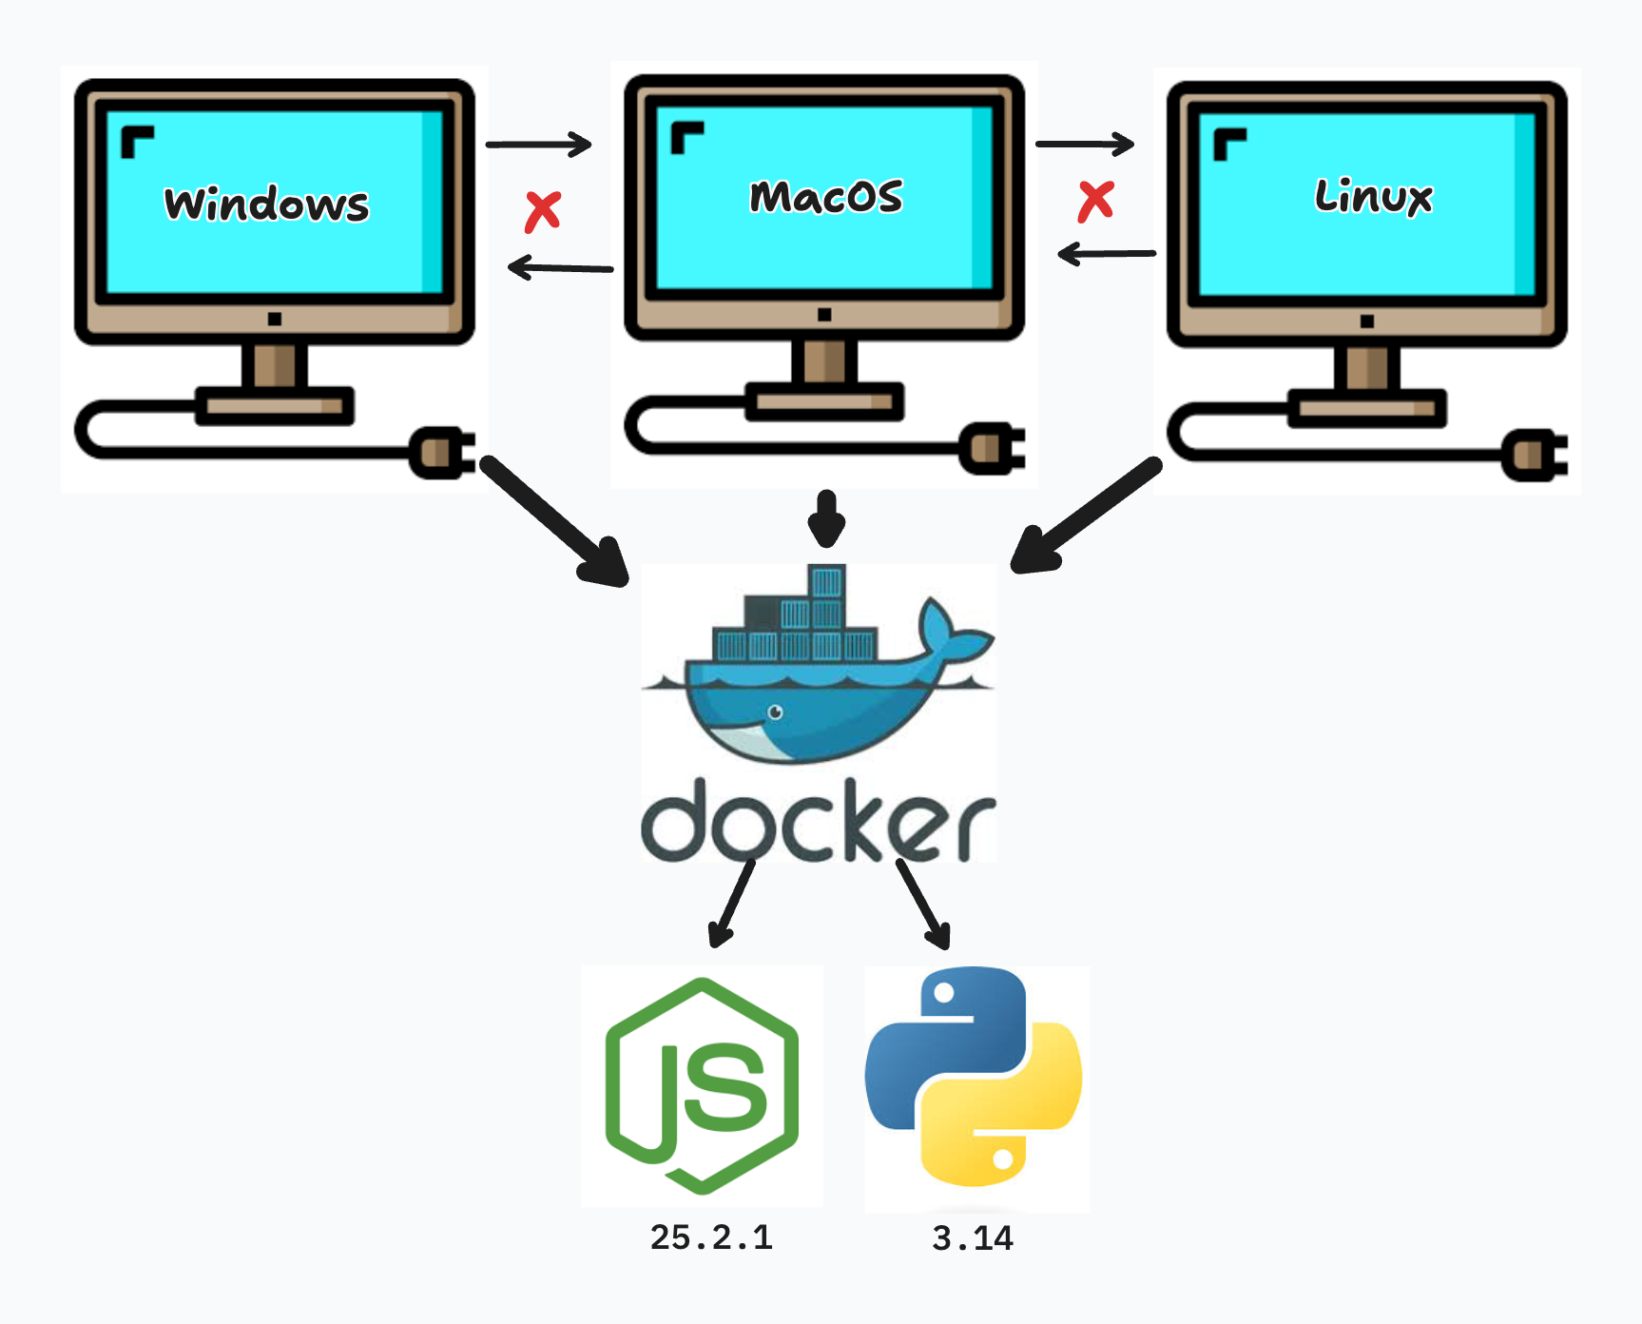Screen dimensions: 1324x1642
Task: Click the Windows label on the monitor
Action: pos(267,204)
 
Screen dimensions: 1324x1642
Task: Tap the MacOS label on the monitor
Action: pos(825,197)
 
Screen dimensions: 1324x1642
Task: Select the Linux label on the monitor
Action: pos(1373,197)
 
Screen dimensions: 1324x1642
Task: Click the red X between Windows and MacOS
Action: pos(543,211)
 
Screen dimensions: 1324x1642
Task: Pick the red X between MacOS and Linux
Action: pos(1095,201)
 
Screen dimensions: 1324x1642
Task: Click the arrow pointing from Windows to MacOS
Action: pos(538,145)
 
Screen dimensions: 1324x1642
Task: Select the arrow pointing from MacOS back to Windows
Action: pos(560,267)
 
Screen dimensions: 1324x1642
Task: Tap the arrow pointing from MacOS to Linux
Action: pos(1085,144)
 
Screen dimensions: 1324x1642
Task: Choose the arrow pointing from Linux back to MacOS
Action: pos(1107,254)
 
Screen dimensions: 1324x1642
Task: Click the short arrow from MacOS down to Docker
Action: pos(826,518)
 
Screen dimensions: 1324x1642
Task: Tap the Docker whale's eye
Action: pos(775,711)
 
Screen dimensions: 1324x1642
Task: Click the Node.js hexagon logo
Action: pos(702,1085)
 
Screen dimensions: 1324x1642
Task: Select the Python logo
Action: pos(974,1076)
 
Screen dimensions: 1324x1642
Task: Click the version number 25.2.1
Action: pos(711,1237)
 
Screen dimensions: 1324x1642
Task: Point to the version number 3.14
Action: pos(973,1238)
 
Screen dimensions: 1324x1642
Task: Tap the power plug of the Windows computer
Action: pos(442,453)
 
